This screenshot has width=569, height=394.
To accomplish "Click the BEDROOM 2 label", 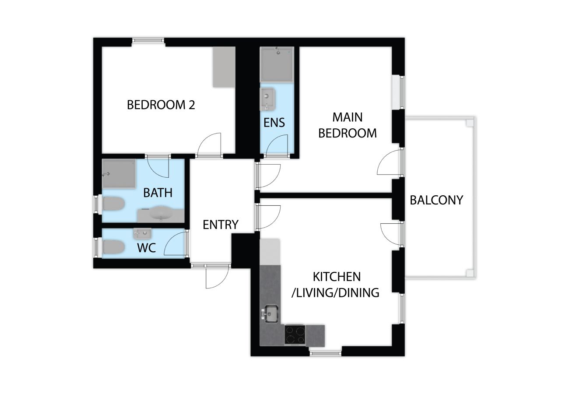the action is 161,105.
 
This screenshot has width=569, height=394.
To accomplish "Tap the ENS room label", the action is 274,123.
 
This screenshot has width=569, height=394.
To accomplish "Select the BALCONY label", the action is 436,200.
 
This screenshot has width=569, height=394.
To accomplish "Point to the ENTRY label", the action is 221,225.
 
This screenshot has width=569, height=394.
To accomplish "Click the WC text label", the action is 146,248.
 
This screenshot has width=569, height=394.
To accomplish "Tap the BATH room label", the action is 158,193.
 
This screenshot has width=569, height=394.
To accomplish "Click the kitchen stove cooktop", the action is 295,335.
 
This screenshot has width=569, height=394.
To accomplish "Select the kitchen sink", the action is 271,314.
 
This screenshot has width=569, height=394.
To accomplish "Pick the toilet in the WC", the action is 113,247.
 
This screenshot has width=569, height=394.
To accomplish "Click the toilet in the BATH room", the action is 113,204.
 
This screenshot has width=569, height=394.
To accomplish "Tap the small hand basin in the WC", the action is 142,233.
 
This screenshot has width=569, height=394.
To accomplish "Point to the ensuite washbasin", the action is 267,99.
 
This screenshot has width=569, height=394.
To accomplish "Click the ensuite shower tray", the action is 277,64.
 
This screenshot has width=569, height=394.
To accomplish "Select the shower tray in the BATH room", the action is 119,174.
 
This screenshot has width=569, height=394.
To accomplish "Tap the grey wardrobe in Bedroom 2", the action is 224,67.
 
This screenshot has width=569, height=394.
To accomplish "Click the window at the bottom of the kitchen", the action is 325,353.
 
